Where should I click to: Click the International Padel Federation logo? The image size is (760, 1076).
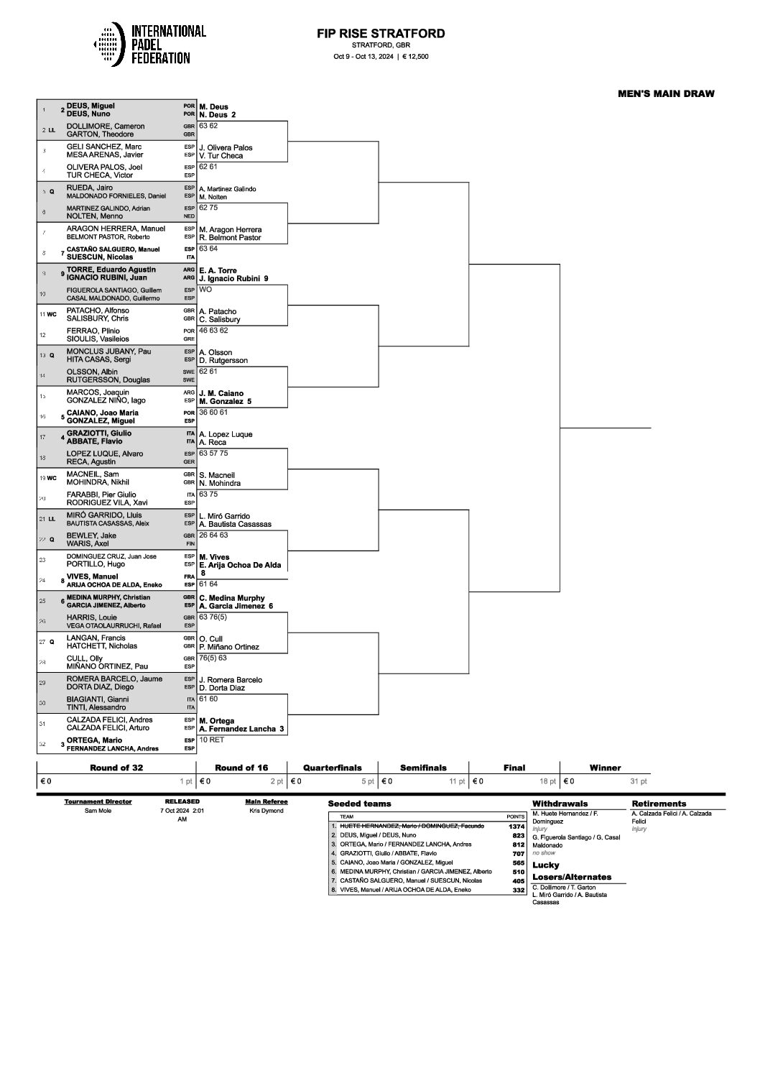tap(149, 45)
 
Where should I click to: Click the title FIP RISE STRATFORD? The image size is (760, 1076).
tap(381, 34)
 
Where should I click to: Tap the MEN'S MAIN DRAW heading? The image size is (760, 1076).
tap(666, 93)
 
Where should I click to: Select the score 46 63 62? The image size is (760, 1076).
tap(213, 330)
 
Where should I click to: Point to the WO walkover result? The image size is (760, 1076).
tap(205, 289)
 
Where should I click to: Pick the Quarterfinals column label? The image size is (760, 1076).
tap(332, 768)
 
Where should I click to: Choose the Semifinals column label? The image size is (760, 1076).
tap(423, 768)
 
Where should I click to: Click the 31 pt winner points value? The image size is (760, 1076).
tap(638, 781)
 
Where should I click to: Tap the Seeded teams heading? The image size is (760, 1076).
tap(359, 804)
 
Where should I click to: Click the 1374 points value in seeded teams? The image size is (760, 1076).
tap(516, 827)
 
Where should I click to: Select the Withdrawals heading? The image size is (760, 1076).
tap(560, 804)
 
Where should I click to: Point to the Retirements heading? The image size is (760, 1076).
tap(659, 804)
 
